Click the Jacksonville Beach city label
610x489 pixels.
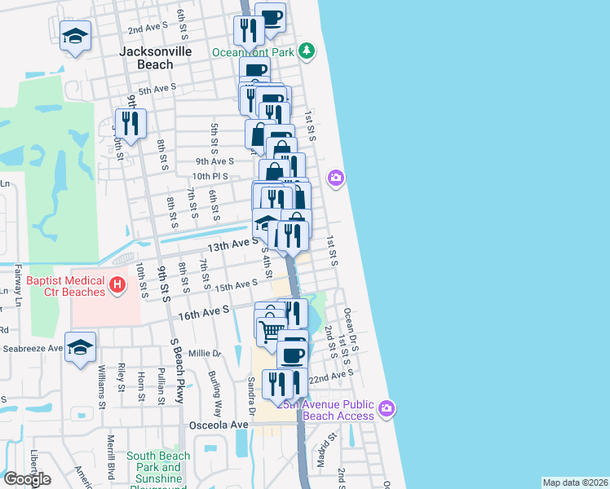[x=155, y=57]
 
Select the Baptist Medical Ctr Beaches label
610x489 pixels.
[x=65, y=285]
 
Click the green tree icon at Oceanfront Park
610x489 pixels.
[x=307, y=51]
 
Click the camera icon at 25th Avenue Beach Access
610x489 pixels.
[x=387, y=407]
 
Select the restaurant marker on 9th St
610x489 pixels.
[x=130, y=123]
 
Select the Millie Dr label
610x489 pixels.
[x=205, y=354]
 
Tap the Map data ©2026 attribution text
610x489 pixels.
[x=575, y=482]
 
